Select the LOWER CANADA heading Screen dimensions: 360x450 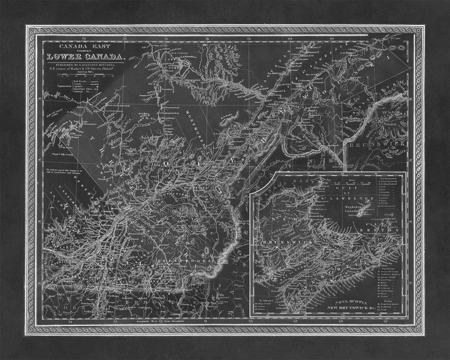(85, 56)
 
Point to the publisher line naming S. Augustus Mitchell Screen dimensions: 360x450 (85, 65)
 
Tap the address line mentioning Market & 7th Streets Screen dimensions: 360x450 (85, 70)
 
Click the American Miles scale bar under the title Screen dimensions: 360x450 (85, 78)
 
